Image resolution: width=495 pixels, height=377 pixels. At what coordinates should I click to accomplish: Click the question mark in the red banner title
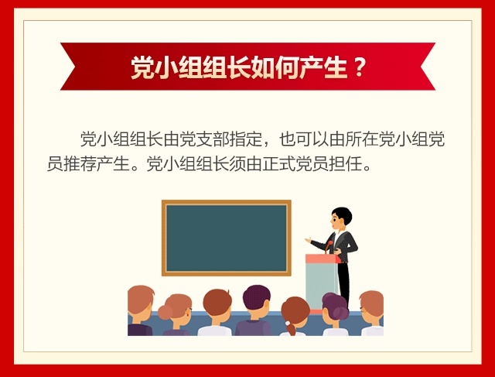coord(358,67)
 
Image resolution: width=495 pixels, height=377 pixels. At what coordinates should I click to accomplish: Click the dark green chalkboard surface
coord(227,238)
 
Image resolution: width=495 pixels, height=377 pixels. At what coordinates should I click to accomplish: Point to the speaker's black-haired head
coord(341,217)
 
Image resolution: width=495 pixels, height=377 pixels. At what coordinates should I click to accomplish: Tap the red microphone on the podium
coord(329,245)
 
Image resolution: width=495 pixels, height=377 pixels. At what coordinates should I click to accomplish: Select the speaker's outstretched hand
coord(308,240)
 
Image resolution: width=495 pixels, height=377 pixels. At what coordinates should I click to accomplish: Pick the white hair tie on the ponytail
coord(288,324)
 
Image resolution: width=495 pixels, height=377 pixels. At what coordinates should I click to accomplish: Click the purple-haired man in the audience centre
coord(255,310)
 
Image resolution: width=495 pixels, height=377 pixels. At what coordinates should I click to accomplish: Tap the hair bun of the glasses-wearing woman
coord(165,312)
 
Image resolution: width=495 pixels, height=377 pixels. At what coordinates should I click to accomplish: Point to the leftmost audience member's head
coord(140,303)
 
